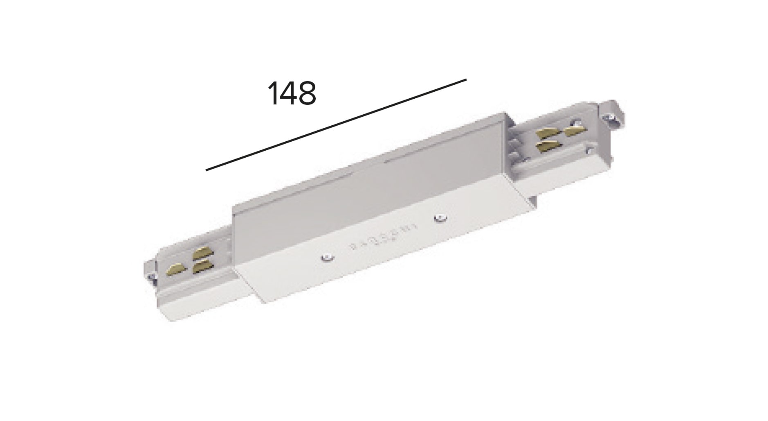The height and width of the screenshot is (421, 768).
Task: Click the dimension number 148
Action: pos(292,93)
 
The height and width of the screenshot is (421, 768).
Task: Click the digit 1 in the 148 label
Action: pos(274,93)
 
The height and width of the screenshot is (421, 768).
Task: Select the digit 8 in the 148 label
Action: pos(307,93)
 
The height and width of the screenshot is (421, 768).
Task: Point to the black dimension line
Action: pos(336,124)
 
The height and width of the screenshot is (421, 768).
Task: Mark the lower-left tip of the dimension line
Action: pos(207,170)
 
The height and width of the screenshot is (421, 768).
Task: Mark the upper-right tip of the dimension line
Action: pos(466,79)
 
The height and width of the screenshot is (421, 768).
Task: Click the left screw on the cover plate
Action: pos(326,258)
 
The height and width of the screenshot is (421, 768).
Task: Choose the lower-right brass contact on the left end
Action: pos(203,267)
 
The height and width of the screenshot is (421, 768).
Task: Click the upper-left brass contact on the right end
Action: pos(548,133)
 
